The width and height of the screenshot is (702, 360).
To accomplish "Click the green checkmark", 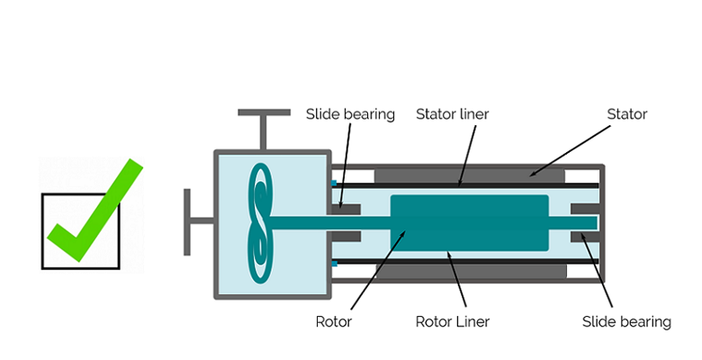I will (94, 211).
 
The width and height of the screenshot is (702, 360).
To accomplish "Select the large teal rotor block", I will (469, 222).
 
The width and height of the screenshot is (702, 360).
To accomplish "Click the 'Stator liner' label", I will (452, 114).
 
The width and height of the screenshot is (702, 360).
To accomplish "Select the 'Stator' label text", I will (626, 114).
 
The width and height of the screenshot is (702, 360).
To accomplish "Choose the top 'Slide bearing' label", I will (350, 114).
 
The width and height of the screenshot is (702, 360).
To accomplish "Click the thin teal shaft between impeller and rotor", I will (333, 222).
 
